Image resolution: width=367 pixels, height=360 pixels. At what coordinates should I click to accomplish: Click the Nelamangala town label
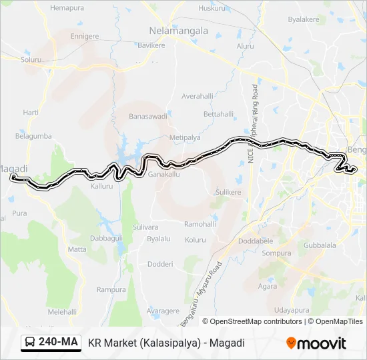pos(177,31)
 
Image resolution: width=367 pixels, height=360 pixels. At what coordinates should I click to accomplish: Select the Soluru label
pos(31,59)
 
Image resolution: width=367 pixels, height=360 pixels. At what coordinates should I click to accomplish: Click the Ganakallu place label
pos(164,174)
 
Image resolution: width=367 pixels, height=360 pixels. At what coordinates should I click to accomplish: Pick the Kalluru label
pos(101,186)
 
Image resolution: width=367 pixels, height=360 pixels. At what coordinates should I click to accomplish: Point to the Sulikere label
pos(227,192)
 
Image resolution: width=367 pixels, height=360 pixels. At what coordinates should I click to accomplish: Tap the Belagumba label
pos(33,136)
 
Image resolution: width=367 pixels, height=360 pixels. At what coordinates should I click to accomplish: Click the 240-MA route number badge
pos(58,343)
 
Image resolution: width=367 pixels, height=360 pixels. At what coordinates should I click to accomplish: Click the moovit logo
pos(316,343)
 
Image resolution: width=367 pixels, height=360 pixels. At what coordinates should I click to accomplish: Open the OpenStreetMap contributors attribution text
pos(252,321)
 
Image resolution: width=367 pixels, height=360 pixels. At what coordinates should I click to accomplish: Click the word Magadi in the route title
pos(229,343)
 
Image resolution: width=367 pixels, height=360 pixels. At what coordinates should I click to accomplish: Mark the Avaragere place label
pos(163,311)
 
